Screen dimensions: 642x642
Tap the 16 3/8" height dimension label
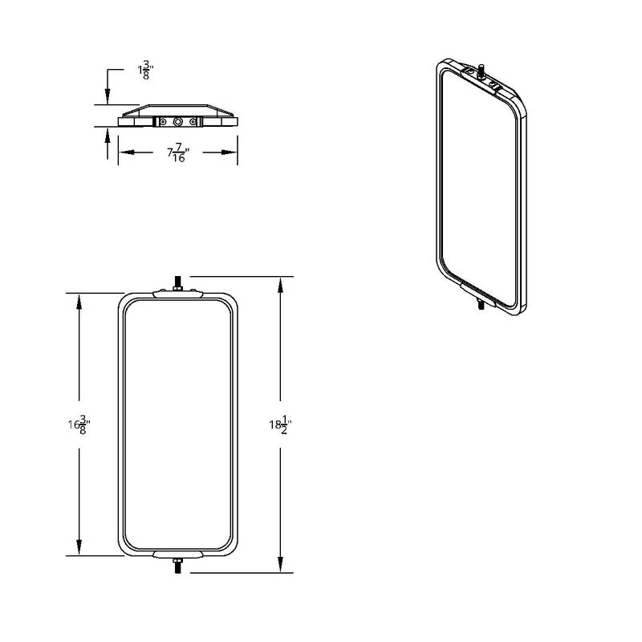tap(79, 425)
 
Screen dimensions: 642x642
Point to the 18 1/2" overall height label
tap(280, 425)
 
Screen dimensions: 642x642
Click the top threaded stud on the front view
tap(177, 283)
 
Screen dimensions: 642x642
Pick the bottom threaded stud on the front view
tap(177, 567)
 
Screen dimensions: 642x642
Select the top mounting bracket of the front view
tap(177, 293)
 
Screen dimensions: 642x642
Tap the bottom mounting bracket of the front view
tap(177, 555)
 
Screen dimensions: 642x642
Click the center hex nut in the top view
tap(177, 122)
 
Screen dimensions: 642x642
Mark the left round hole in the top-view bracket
tap(163, 122)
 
